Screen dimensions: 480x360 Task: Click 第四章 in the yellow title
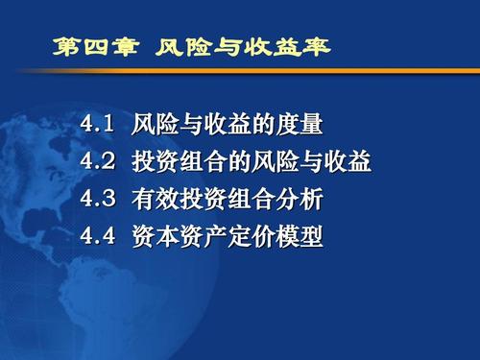(x=96, y=47)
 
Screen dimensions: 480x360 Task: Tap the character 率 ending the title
(x=317, y=47)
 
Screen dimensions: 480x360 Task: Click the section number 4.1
(x=97, y=124)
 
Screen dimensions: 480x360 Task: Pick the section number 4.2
(x=97, y=160)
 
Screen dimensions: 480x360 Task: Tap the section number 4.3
(x=97, y=198)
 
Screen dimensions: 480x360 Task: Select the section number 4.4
(x=97, y=236)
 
